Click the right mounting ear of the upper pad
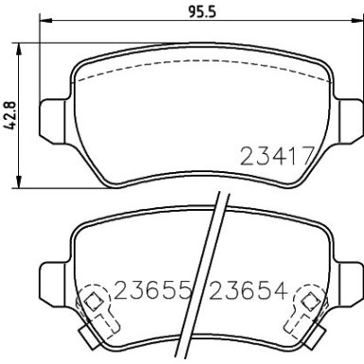(350, 118)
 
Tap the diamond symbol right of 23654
(309, 302)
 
